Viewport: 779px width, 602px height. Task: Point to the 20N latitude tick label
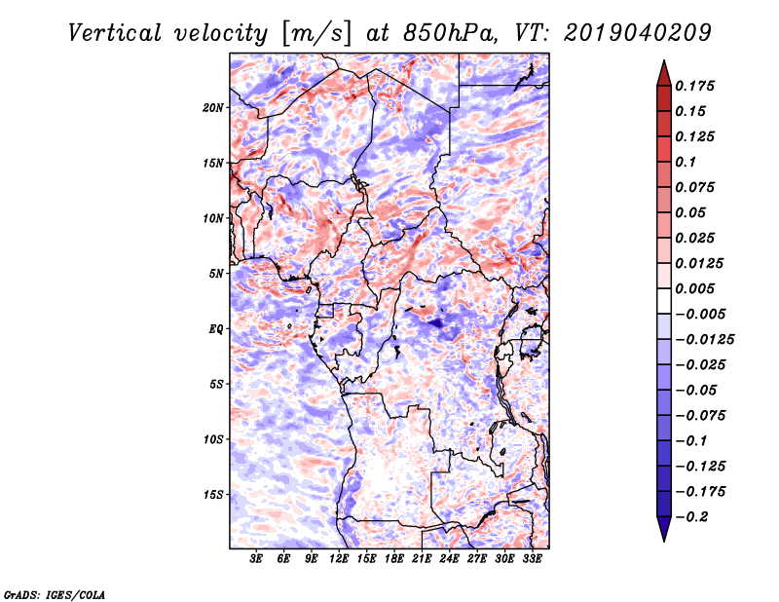pyautogui.click(x=213, y=107)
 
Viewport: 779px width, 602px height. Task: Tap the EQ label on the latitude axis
pyautogui.click(x=216, y=329)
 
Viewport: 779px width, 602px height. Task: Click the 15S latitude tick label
pyautogui.click(x=213, y=495)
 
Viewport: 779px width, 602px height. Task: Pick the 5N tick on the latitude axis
pyautogui.click(x=216, y=274)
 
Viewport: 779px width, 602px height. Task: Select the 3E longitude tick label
pyautogui.click(x=256, y=560)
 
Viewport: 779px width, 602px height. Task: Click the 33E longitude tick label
pyautogui.click(x=533, y=560)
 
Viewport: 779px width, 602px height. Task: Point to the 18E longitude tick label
pyautogui.click(x=394, y=560)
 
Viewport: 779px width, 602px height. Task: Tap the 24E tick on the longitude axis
pyautogui.click(x=450, y=560)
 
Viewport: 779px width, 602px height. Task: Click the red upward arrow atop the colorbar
pyautogui.click(x=663, y=72)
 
